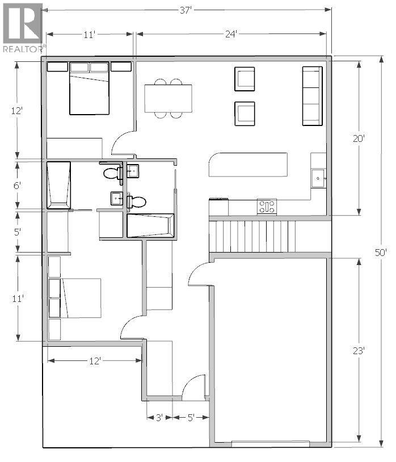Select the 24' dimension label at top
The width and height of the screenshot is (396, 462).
click(x=230, y=35)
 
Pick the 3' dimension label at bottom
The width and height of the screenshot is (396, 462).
click(x=159, y=417)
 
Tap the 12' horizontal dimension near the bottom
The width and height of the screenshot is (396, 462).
click(x=94, y=360)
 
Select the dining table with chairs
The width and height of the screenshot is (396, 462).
click(x=168, y=98)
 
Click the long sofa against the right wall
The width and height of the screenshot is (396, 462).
click(x=312, y=95)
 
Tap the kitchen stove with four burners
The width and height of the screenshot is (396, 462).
click(x=267, y=206)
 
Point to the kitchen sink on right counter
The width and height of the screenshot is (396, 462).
click(x=318, y=178)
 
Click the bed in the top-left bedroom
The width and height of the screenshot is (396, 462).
click(x=89, y=90)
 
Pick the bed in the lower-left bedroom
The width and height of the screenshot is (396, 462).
click(x=81, y=297)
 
